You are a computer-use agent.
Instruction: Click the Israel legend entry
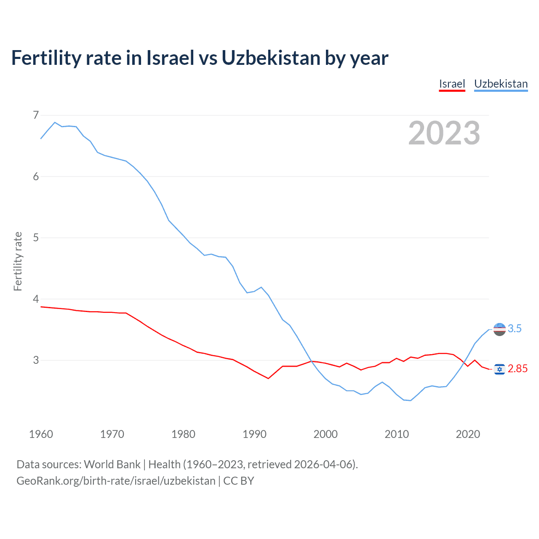click(452, 84)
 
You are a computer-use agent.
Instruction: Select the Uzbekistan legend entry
click(501, 84)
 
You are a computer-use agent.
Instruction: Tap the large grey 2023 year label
click(444, 133)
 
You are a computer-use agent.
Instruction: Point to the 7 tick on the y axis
click(36, 115)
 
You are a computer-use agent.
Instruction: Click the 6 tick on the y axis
click(36, 176)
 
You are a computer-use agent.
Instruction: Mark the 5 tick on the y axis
click(36, 237)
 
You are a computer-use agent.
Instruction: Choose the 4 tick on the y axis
click(36, 299)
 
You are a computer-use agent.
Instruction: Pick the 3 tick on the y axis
click(36, 360)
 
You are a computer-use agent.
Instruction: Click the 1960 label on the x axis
click(41, 434)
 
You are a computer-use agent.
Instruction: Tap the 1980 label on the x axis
click(183, 434)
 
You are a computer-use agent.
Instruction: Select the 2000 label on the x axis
click(326, 434)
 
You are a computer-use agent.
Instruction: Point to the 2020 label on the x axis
click(468, 434)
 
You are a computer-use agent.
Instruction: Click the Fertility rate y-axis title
click(18, 261)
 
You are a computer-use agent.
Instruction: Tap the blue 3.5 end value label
click(515, 328)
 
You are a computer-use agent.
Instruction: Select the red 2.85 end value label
click(518, 369)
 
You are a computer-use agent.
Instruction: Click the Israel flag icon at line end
click(499, 369)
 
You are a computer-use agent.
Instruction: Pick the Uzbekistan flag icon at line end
click(499, 329)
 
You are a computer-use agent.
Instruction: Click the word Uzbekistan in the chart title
click(271, 58)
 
